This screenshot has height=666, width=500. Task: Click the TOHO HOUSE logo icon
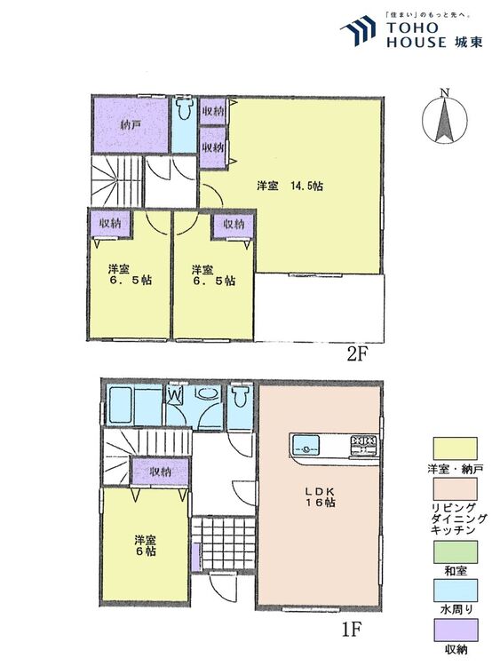(358, 29)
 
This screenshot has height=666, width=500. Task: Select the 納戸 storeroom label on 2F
(131, 126)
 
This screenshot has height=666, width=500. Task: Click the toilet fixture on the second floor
(184, 109)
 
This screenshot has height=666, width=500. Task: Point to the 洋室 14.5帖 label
(290, 186)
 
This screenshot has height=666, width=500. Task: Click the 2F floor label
(357, 353)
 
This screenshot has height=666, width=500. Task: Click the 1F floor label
(351, 630)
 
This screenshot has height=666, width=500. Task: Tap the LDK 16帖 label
(320, 497)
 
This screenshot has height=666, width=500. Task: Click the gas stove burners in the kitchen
(363, 445)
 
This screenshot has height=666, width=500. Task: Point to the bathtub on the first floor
(120, 405)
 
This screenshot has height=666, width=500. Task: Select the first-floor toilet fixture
(241, 396)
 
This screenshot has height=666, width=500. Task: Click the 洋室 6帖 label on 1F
(146, 546)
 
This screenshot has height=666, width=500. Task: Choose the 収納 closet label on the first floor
(160, 472)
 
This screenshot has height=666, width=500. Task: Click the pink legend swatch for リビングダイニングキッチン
(455, 489)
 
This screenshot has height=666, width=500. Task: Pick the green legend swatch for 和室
(455, 552)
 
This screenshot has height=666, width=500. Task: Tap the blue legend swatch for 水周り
(455, 591)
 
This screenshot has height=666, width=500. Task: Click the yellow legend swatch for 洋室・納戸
(455, 448)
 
